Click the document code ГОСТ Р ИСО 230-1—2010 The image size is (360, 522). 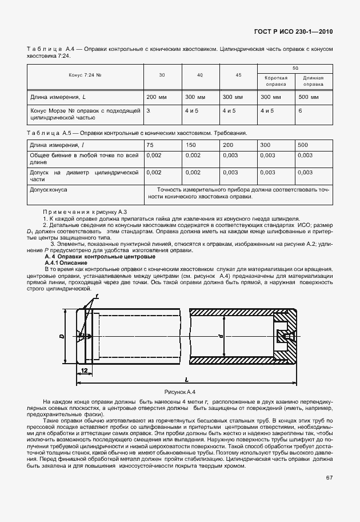(293, 32)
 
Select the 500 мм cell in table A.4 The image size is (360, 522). (307, 97)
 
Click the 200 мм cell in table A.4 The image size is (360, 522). (155, 97)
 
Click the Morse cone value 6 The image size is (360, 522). (301, 110)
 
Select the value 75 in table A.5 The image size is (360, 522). (150, 145)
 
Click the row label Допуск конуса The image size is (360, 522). (49, 188)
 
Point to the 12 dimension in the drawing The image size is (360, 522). (84, 370)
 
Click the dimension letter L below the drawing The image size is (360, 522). (187, 380)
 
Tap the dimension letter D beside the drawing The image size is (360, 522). (62, 337)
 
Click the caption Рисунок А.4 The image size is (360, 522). (179, 392)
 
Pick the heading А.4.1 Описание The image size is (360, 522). (66, 262)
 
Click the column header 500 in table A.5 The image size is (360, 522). (303, 145)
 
